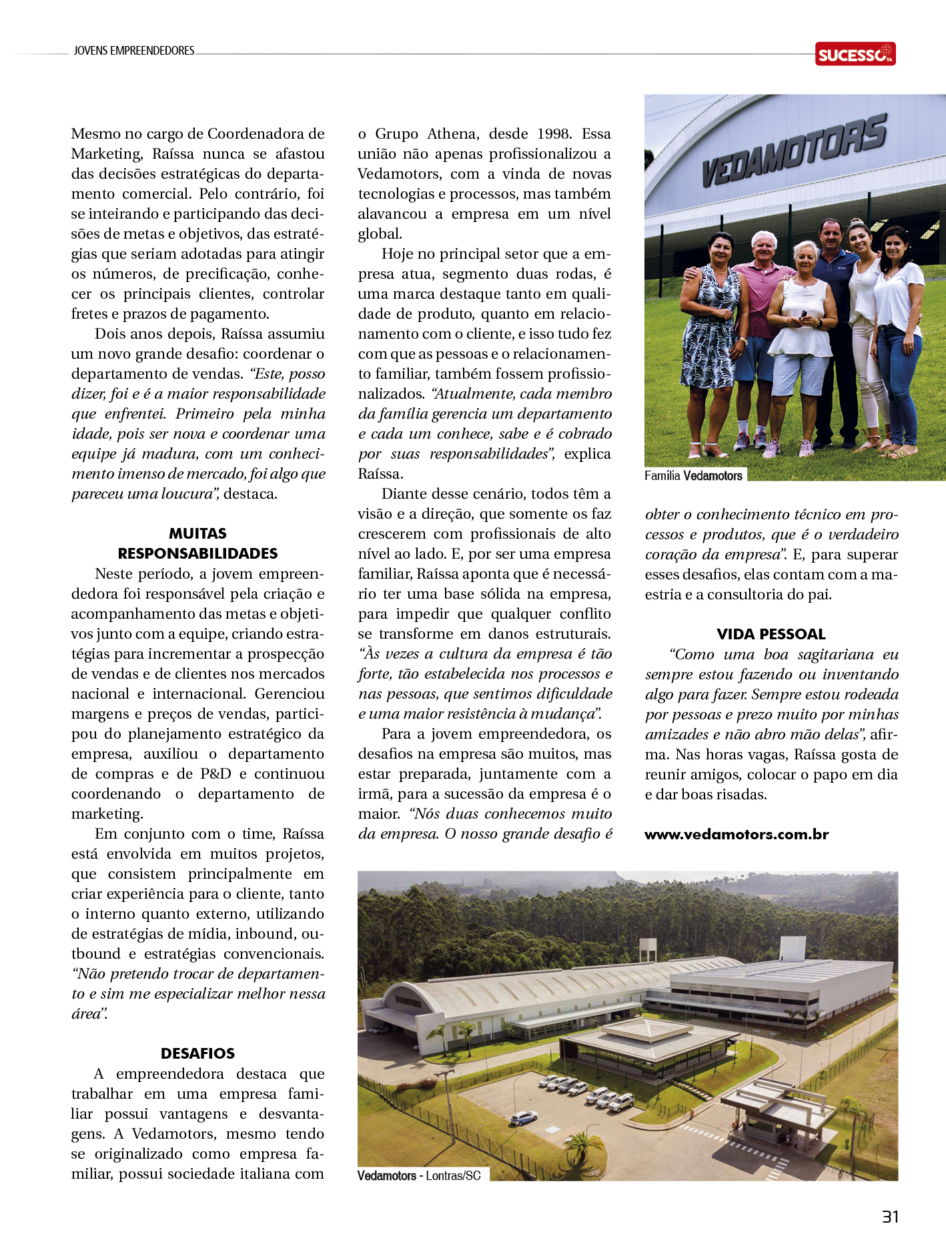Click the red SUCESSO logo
[855, 54]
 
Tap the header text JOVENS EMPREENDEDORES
[134, 51]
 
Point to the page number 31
[890, 1217]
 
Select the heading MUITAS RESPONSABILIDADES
[197, 543]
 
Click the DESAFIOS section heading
[197, 1053]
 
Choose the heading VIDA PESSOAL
[771, 634]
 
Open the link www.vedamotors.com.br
[737, 834]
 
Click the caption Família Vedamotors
[693, 475]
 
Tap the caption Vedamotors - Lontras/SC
[419, 1175]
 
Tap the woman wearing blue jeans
[897, 333]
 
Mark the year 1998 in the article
[553, 134]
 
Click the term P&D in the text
[216, 774]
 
